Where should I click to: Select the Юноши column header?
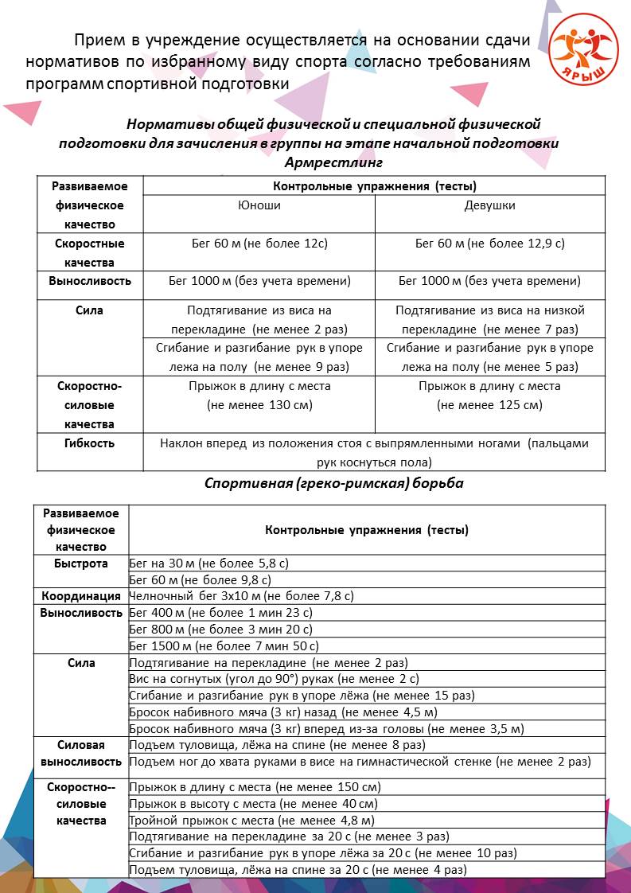point(259,205)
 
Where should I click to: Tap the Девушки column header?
point(489,205)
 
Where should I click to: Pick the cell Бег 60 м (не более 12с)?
point(259,244)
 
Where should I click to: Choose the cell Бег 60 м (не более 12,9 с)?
point(489,244)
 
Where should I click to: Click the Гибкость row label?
point(90,443)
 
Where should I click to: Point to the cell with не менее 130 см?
point(259,405)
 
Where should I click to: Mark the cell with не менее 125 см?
point(489,405)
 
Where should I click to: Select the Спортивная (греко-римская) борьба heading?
point(333,483)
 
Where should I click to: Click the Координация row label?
point(81,595)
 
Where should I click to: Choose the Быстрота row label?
point(81,563)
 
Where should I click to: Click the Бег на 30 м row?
point(208,563)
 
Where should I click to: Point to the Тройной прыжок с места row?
point(251,820)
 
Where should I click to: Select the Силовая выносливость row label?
point(81,753)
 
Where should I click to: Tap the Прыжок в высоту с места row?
point(253,803)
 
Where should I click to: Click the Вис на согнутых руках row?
point(274,679)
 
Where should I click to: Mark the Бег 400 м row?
point(220,613)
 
